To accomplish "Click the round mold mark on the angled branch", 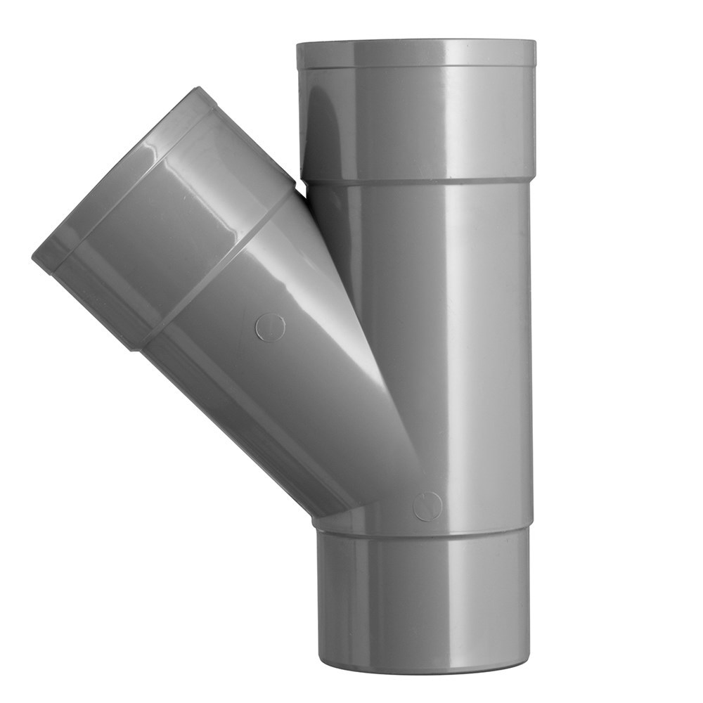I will click(270, 328).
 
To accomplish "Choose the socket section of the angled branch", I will click(176, 232).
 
